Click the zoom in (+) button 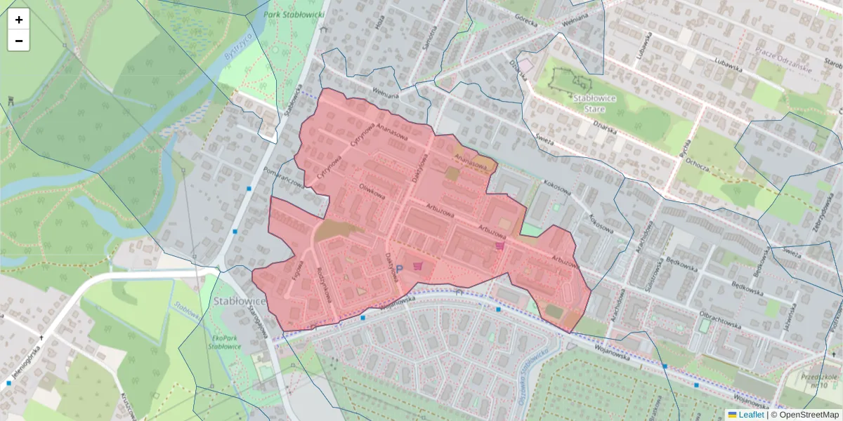19,20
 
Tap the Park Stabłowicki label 294,14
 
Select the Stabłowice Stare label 594,102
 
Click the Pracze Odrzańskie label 783,60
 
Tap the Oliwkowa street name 373,190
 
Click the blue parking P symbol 399,269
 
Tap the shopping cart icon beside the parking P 419,266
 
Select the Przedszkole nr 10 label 817,380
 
